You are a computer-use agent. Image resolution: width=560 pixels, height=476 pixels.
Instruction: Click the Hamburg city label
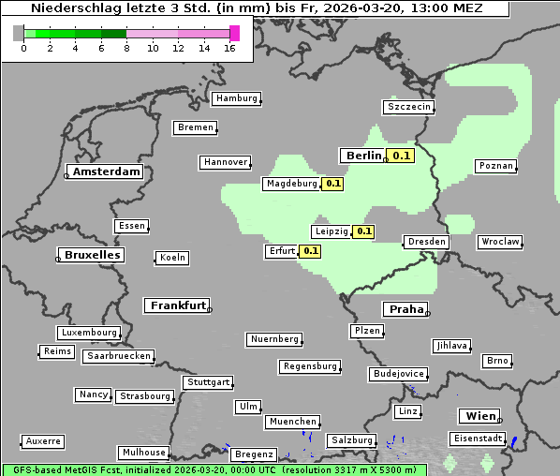click(236, 98)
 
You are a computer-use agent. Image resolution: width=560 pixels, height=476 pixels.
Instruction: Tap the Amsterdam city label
click(106, 171)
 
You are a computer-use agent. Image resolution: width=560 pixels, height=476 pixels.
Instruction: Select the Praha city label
click(405, 309)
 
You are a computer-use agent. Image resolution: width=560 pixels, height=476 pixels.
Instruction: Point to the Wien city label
click(480, 416)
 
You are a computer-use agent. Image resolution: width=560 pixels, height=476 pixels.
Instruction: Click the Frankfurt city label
click(178, 305)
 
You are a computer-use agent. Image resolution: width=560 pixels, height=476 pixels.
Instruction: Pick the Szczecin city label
click(409, 107)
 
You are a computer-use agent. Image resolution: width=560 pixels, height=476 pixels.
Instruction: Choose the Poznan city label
click(495, 166)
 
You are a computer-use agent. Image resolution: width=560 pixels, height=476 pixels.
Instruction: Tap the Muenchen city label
click(293, 422)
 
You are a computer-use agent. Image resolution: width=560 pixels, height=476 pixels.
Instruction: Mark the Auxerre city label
click(43, 440)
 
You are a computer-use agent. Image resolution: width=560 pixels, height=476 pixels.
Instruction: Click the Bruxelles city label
click(91, 255)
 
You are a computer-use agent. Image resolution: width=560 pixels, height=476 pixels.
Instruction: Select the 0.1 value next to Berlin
click(402, 156)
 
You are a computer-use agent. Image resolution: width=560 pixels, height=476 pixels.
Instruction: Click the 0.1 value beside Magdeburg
click(333, 184)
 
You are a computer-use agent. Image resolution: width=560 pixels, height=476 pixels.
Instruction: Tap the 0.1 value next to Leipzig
click(363, 231)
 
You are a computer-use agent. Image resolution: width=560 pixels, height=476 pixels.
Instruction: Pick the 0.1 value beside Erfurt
click(310, 251)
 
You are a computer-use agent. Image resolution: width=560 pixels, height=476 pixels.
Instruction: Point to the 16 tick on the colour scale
click(229, 49)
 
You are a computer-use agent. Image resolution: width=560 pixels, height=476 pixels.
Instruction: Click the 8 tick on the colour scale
click(126, 49)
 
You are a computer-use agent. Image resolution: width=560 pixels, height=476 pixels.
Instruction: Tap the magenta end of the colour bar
click(234, 33)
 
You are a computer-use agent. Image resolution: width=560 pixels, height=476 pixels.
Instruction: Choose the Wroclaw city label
click(500, 242)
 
